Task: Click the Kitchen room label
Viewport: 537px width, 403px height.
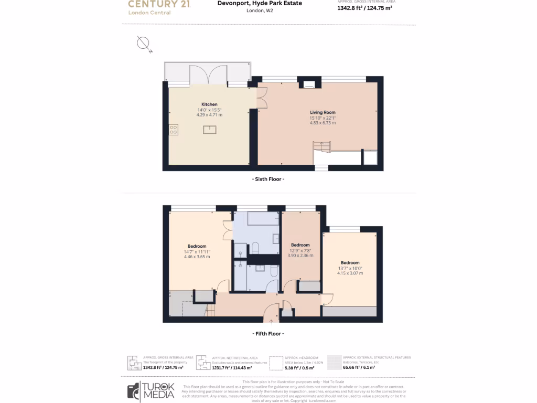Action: click(209, 104)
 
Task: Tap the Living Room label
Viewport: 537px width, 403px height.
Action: click(323, 112)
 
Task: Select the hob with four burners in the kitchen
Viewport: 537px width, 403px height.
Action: click(174, 129)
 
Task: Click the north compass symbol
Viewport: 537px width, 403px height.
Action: click(144, 44)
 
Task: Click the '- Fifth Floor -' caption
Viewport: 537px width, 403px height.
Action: click(268, 333)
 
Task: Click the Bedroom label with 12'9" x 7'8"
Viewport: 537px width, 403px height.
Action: click(300, 245)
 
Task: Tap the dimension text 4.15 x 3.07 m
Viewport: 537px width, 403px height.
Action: click(350, 273)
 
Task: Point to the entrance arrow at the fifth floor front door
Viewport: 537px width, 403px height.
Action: click(271, 322)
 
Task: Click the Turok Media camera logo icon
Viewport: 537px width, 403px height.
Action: click(134, 391)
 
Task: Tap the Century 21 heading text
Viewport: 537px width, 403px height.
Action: click(159, 4)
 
